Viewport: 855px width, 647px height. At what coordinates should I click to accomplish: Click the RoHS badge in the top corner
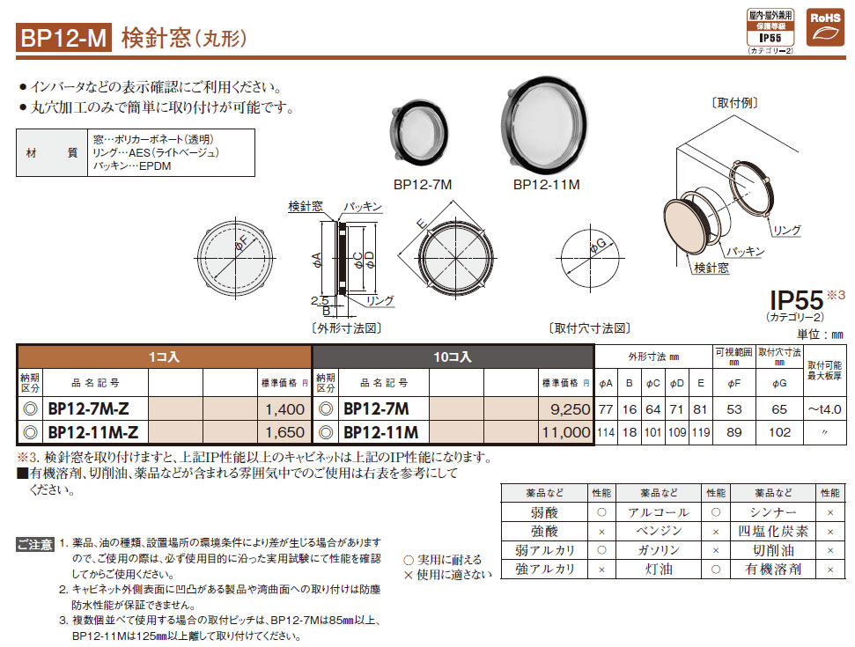[824, 27]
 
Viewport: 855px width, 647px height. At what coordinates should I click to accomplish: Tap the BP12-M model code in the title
[63, 38]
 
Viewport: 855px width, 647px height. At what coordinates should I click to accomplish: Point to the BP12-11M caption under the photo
[546, 185]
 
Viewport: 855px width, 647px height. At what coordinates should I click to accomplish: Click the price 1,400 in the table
[284, 408]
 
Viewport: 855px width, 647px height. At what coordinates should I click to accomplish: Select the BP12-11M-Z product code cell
[93, 432]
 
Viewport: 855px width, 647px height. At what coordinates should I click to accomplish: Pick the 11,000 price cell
[566, 432]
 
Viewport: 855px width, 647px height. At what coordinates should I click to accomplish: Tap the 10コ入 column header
[452, 357]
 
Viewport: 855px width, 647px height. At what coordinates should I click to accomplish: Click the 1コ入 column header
[164, 357]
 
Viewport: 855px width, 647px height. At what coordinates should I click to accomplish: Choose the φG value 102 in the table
[780, 432]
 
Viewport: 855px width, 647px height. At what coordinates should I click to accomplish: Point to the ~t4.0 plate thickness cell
[824, 408]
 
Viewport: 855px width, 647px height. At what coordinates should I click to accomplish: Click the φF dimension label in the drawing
[241, 245]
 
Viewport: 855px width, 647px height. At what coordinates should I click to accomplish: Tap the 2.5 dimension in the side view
[320, 300]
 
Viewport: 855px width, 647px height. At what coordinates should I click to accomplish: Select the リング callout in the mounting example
[786, 230]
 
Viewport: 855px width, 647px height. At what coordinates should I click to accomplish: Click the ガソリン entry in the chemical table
[659, 550]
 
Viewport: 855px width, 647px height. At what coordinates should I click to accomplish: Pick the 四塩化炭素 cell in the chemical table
[773, 531]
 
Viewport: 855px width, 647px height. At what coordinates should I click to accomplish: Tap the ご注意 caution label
[35, 544]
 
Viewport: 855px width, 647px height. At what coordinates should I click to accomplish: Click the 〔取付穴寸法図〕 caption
[589, 328]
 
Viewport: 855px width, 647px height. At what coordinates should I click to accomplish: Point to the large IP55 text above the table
[797, 300]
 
